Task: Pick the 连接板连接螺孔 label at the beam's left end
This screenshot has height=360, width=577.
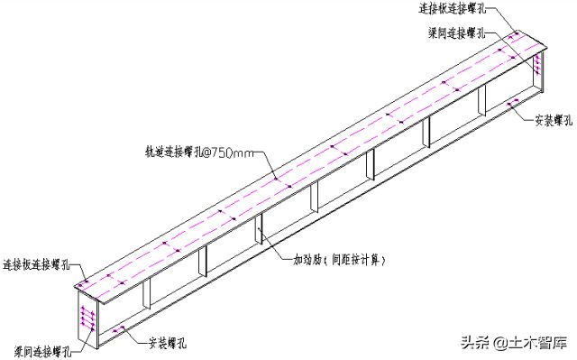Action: [x=41, y=263]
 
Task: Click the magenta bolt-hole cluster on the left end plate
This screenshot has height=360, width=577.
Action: [x=86, y=317]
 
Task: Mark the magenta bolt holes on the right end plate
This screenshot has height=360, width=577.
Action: [x=538, y=64]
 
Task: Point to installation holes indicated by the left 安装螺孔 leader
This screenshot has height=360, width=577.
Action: [x=118, y=333]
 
